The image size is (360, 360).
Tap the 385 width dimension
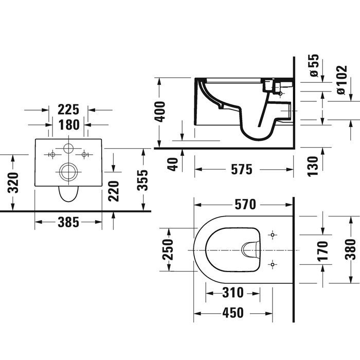pyautogui.click(x=68, y=222)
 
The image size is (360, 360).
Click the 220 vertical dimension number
pyautogui.click(x=114, y=191)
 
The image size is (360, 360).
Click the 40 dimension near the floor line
pyautogui.click(x=173, y=164)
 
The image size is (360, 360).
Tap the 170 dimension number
pyautogui.click(x=322, y=251)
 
